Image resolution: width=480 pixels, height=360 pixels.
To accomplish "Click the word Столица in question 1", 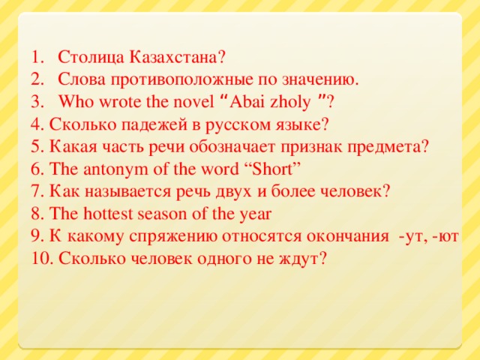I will [91, 57].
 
